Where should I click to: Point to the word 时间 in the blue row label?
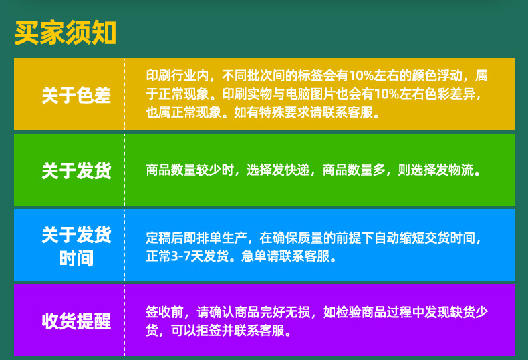click(x=76, y=258)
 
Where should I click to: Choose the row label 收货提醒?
click(x=76, y=321)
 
